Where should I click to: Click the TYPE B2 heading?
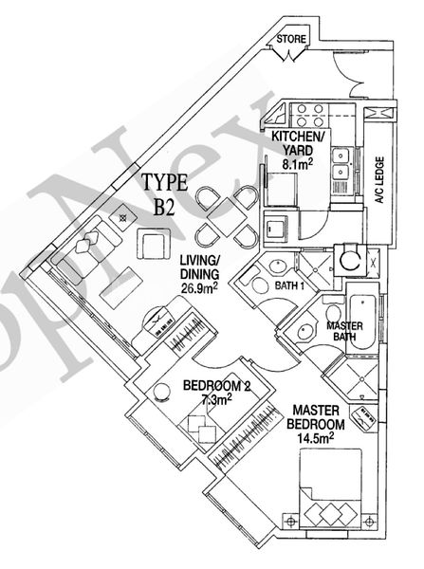(165, 195)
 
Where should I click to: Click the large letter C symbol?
(351, 258)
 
